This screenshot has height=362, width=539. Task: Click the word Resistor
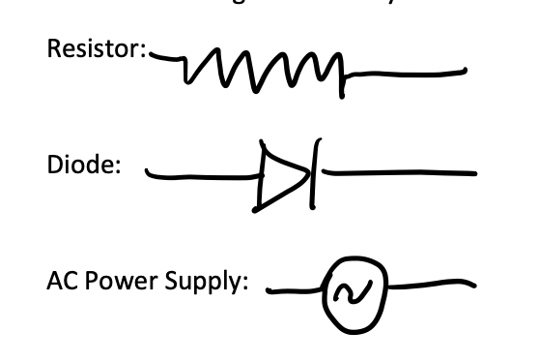[x=92, y=51]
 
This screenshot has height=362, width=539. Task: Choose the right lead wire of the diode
[x=396, y=174]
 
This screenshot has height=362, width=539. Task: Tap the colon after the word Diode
[x=118, y=166]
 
